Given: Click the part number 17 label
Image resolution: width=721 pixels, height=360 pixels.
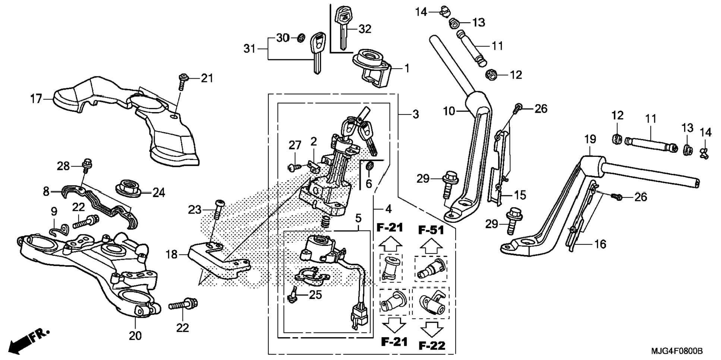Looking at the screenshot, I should pos(36,99).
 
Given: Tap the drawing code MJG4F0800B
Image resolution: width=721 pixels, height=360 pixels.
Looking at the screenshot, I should pos(677,351).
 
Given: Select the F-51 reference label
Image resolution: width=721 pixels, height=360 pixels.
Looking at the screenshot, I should pos(431,230).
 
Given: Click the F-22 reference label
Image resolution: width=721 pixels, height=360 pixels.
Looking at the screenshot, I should pos(432,345).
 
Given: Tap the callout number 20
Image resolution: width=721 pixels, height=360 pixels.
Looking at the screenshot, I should pos(135,336).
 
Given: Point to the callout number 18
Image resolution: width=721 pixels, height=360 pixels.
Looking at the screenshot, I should pos(171,255).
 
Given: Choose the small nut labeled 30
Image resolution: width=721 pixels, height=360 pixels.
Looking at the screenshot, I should pos(301,38).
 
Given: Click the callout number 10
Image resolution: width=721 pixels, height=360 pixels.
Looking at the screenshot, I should pos(449,111).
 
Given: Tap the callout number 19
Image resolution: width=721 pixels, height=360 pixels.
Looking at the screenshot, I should pos(590,140).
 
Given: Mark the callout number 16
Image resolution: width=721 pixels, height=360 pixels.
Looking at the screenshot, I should pos(600,244).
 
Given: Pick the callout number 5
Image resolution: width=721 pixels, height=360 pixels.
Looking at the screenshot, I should pos(358,218).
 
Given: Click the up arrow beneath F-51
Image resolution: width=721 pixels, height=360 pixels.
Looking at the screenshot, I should pos(431,246).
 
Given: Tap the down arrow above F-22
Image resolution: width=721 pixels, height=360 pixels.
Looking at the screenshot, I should pos(432,329).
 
